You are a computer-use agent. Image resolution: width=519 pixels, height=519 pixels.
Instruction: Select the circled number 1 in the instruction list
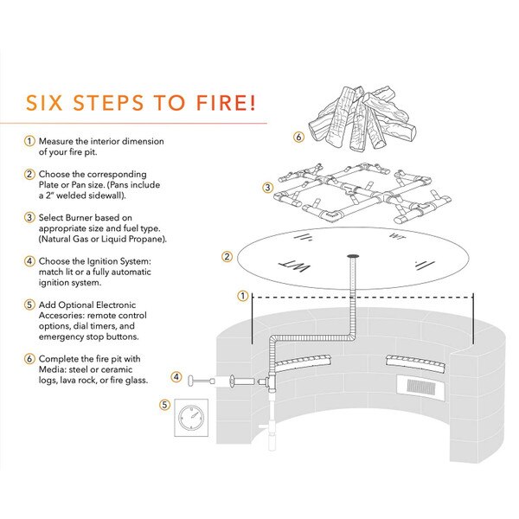(29, 141)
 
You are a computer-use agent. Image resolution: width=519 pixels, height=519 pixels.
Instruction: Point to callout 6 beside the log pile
(298, 137)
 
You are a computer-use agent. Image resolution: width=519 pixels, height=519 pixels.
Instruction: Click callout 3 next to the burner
(268, 187)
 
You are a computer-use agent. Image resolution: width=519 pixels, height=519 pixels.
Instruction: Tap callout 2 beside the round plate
(227, 256)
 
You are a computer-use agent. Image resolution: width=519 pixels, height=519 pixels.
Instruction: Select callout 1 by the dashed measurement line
(241, 296)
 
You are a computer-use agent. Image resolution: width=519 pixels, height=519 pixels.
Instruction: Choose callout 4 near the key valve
(176, 377)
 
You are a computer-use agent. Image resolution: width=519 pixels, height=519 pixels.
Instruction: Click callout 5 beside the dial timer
(165, 403)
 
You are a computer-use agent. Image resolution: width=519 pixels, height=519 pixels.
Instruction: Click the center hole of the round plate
(354, 257)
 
